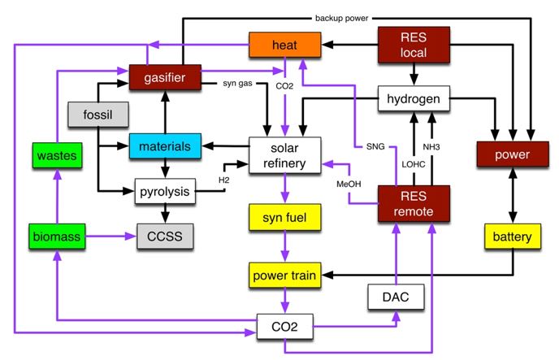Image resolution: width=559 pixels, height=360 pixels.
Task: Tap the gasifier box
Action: (165, 77)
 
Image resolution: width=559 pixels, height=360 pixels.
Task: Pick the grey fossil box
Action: (97, 115)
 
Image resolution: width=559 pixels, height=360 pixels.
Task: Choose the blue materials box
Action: (164, 146)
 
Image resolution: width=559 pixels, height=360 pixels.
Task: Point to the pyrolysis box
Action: (166, 192)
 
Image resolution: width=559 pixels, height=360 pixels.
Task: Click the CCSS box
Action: (165, 236)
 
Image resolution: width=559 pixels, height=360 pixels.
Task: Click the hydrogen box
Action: (414, 100)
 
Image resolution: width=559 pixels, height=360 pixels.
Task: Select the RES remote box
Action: (414, 204)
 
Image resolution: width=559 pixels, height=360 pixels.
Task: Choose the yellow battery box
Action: (512, 236)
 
